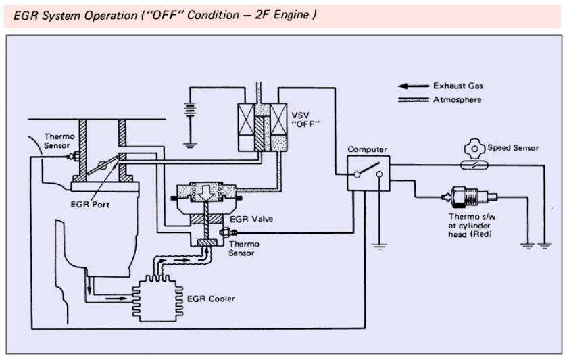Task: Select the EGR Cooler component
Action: pos(157,295)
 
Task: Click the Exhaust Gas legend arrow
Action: pos(414,86)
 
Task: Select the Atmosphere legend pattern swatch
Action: pos(414,99)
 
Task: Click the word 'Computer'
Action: pos(366,148)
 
